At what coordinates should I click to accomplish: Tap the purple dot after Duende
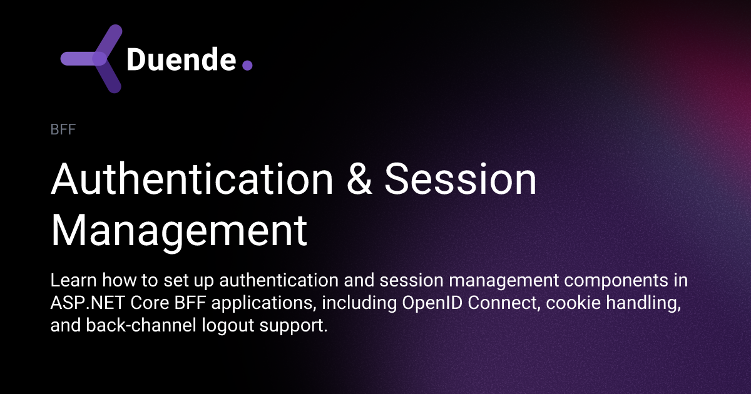(247, 64)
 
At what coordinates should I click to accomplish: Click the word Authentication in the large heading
(192, 179)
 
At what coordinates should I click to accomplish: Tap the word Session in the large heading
(461, 179)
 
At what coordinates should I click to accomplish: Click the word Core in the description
(136, 304)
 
